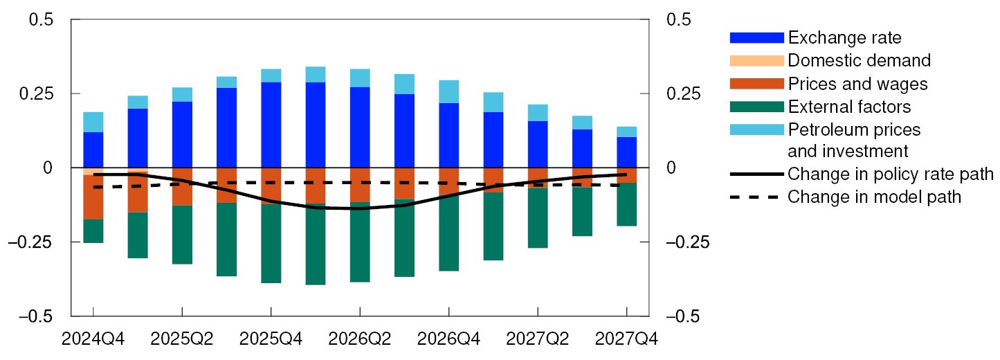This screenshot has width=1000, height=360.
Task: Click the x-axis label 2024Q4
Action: click(x=93, y=339)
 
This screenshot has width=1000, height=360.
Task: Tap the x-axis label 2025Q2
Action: click(x=181, y=339)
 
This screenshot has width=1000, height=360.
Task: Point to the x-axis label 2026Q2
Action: click(x=359, y=339)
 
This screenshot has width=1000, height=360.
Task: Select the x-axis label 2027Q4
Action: click(x=626, y=339)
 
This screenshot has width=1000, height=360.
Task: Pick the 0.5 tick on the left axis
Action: click(x=41, y=19)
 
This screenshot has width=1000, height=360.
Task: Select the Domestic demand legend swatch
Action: click(x=756, y=60)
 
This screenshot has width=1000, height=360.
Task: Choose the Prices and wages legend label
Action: click(x=857, y=84)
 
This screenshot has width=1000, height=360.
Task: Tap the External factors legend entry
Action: click(x=849, y=107)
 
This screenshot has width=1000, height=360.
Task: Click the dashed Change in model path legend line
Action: click(x=756, y=197)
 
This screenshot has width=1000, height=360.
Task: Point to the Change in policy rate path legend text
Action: click(x=890, y=173)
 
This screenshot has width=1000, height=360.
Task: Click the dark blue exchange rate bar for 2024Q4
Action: click(x=93, y=150)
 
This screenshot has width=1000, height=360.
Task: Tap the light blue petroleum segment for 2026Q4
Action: click(x=448, y=91)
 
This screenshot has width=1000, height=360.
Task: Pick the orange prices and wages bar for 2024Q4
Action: click(x=93, y=197)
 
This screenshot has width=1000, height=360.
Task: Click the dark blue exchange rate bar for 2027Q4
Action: click(x=626, y=152)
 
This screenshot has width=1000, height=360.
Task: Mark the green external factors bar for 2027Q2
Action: click(x=537, y=218)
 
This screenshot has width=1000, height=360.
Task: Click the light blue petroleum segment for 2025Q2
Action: click(x=181, y=95)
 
